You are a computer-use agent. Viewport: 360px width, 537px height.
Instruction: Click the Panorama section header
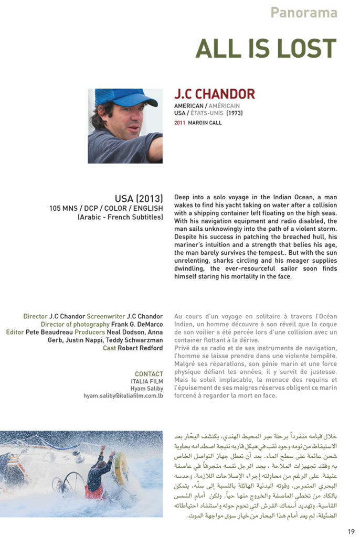click(x=304, y=13)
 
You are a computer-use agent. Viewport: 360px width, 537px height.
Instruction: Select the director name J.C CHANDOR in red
click(x=214, y=94)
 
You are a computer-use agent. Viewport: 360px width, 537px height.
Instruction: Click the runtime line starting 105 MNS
click(x=106, y=208)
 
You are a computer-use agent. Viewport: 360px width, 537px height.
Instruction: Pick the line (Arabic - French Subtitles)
click(x=120, y=216)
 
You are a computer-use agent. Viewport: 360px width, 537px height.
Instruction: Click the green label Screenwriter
click(x=106, y=316)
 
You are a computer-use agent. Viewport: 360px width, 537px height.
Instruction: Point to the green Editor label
click(x=17, y=332)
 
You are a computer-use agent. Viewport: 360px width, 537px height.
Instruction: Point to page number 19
click(x=351, y=531)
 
